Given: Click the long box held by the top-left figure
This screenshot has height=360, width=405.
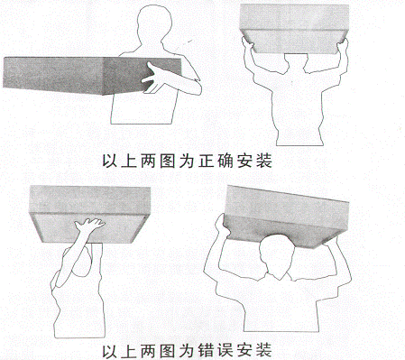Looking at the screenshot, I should (63, 76).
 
